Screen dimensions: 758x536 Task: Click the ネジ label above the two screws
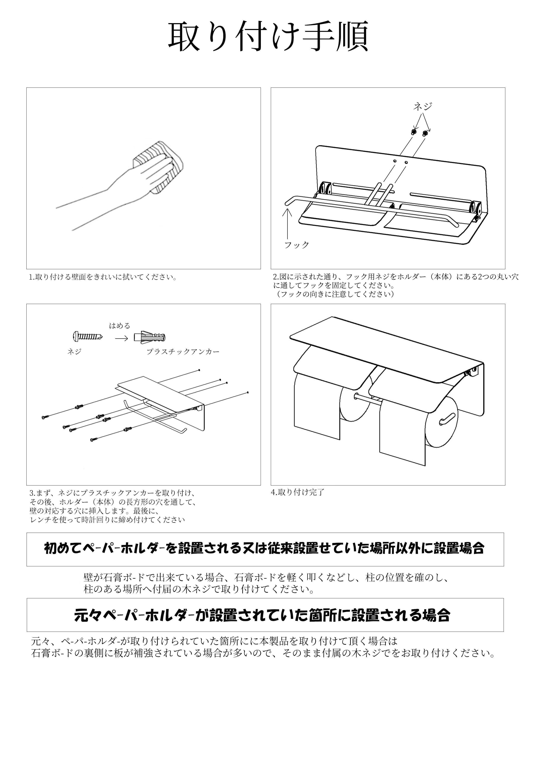pyautogui.click(x=423, y=106)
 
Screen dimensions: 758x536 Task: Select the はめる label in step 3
pyautogui.click(x=120, y=326)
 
